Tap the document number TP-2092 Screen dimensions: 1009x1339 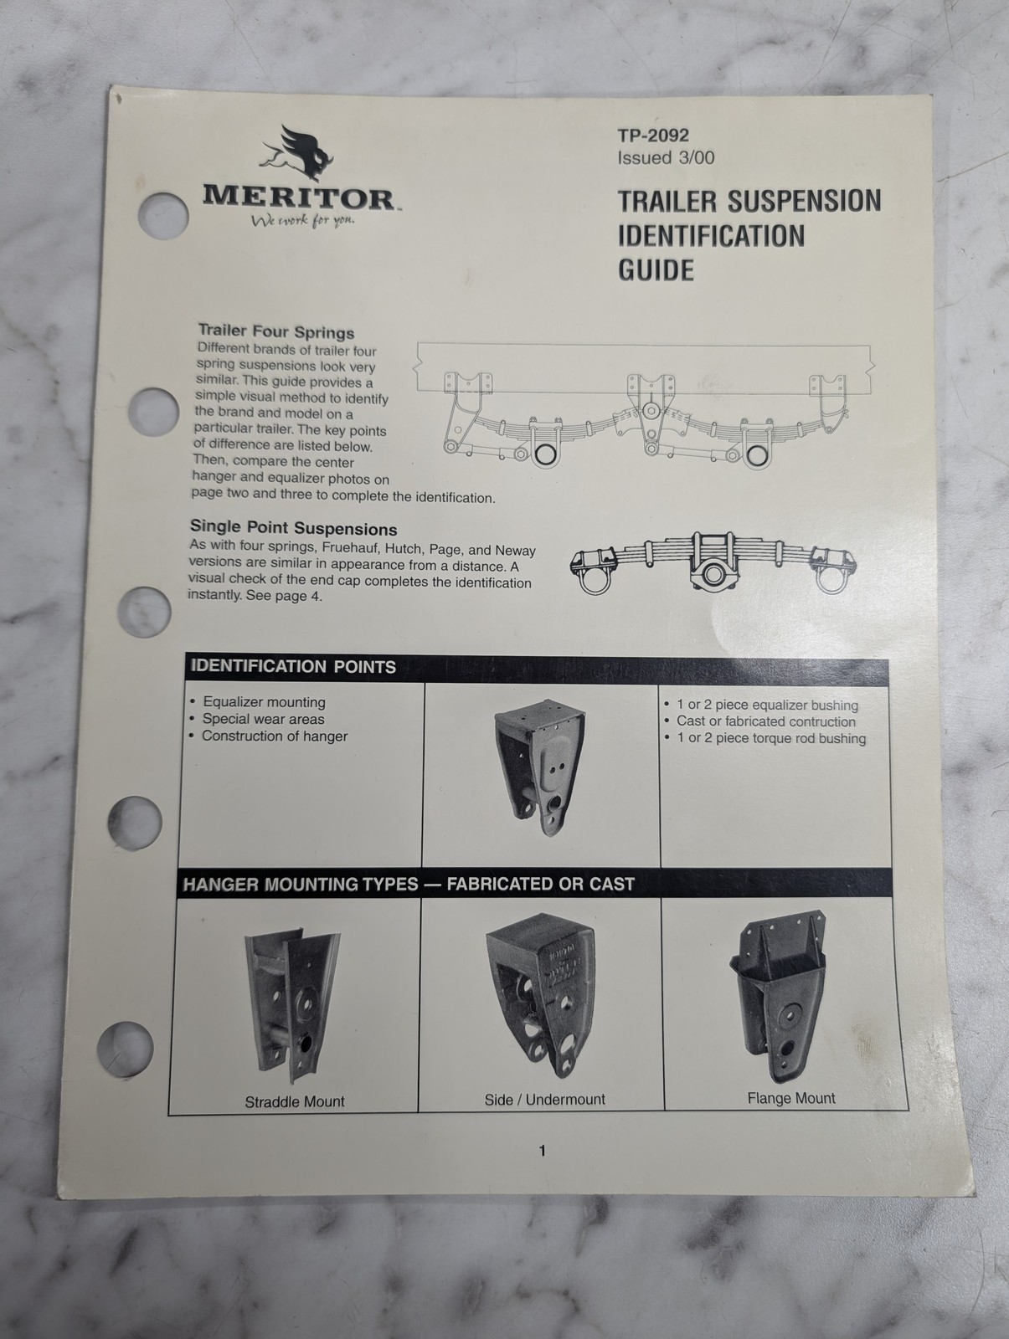[652, 136]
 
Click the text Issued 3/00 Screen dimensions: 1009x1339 [666, 158]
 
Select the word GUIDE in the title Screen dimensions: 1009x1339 [656, 270]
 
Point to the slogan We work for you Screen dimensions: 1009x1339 [302, 220]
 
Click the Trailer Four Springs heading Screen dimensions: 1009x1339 [275, 331]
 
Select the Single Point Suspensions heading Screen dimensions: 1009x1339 [293, 528]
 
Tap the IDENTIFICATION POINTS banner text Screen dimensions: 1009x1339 [293, 667]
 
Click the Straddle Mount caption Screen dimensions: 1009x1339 [295, 1101]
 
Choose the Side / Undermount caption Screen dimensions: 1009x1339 [544, 1100]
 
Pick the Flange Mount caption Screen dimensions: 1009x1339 [791, 1098]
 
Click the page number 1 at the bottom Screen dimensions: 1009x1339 [542, 1151]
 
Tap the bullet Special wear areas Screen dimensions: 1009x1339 [263, 719]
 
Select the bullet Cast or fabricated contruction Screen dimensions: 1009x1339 [766, 721]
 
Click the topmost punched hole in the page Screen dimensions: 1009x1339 [163, 215]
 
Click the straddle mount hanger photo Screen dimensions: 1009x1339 [292, 1007]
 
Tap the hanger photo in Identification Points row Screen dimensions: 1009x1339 [539, 767]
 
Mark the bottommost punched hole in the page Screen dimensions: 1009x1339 [125, 1049]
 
